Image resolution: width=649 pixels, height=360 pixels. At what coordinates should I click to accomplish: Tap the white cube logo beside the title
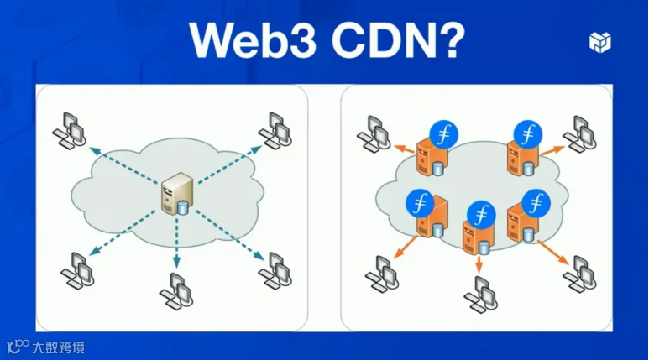599,42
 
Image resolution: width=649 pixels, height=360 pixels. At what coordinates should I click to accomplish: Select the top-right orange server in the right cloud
520,158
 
